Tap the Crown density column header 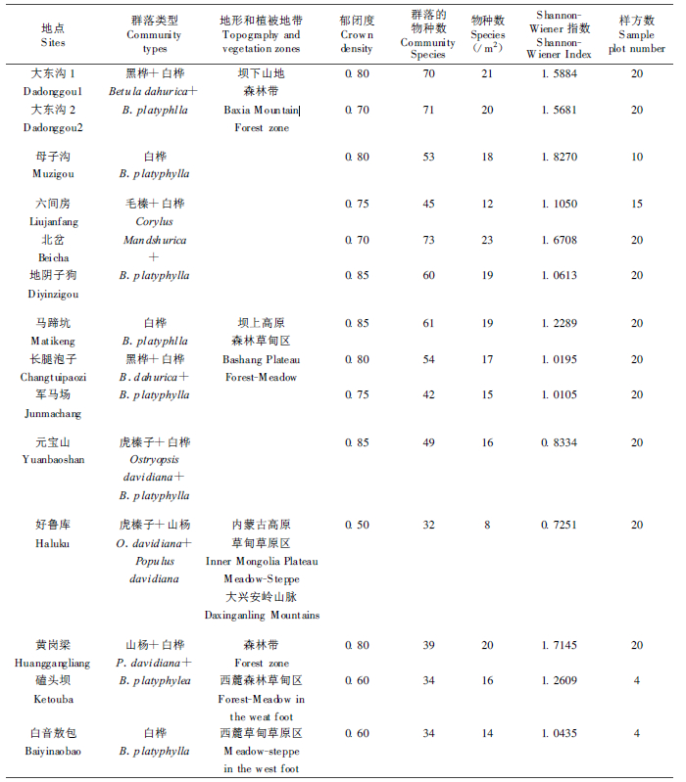pyautogui.click(x=357, y=35)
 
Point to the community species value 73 pyautogui.click(x=428, y=240)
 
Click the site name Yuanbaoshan pyautogui.click(x=54, y=460)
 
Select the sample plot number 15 pyautogui.click(x=636, y=204)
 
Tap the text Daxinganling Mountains pyautogui.click(x=262, y=616)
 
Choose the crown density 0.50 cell pyautogui.click(x=357, y=526)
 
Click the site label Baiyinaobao pyautogui.click(x=54, y=751)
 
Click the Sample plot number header pyautogui.click(x=636, y=35)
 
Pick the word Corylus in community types pyautogui.click(x=155, y=222)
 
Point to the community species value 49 pyautogui.click(x=428, y=442)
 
